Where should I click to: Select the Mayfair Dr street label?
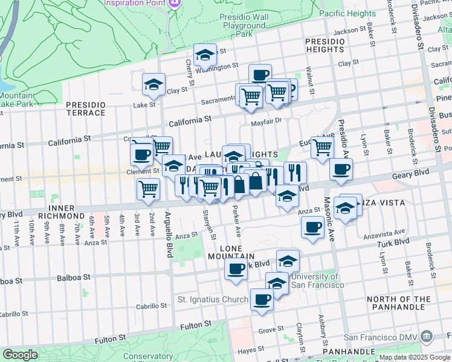coord(266,121)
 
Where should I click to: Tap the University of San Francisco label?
coord(318,281)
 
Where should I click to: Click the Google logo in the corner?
coord(20,355)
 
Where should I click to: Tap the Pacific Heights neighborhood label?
coord(347,13)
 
